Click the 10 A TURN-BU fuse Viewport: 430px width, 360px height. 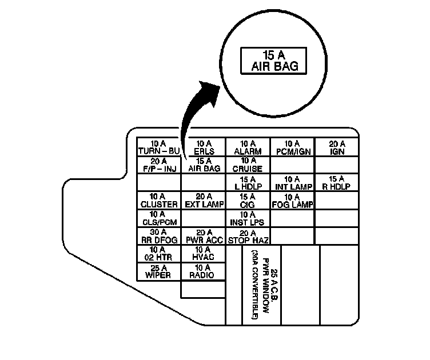tap(158, 147)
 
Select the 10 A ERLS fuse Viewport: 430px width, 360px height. tap(203, 147)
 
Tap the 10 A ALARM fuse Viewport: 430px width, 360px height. tap(248, 147)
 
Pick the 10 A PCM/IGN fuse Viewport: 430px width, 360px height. tap(292, 147)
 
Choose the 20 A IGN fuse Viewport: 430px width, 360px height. tap(337, 147)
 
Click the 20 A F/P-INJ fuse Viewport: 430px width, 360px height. tap(158, 165)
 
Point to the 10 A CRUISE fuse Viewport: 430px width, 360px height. tap(248, 165)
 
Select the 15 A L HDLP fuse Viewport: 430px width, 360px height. tap(248, 182)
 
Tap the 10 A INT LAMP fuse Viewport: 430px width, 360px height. tap(292, 182)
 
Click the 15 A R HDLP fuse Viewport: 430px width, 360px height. tap(337, 182)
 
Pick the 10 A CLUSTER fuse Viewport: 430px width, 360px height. tap(158, 200)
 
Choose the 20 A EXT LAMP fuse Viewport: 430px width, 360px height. tap(203, 200)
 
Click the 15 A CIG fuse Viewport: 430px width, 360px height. tap(248, 200)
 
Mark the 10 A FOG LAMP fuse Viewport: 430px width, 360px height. tap(292, 200)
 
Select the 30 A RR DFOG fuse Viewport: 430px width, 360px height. tap(158, 235)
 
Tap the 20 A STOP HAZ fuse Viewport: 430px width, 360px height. tap(248, 235)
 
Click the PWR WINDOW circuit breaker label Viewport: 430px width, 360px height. tap(261, 285)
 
